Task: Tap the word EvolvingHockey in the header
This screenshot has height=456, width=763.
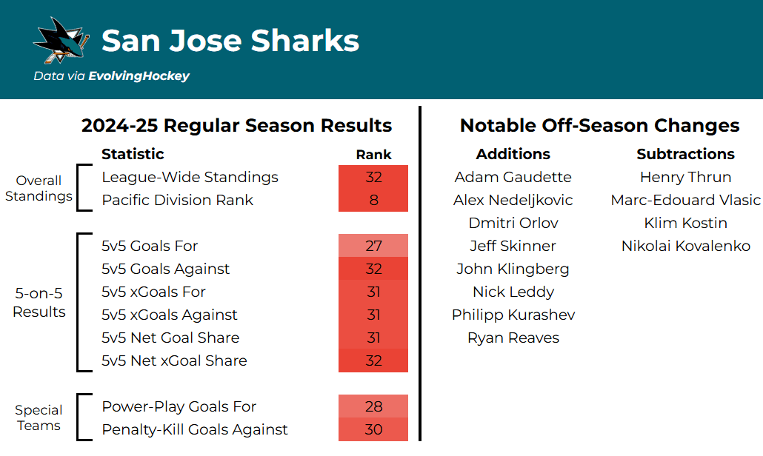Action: (x=139, y=76)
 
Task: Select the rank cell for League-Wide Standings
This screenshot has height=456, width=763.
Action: (x=373, y=178)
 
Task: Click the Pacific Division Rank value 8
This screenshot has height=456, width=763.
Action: (x=373, y=201)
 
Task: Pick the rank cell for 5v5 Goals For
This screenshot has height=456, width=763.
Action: (x=373, y=247)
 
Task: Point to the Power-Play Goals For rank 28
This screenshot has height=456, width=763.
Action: (x=373, y=407)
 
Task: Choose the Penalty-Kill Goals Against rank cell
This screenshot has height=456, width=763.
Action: (x=373, y=430)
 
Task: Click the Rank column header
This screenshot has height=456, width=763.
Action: (x=373, y=155)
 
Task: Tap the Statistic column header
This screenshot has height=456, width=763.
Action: (x=133, y=154)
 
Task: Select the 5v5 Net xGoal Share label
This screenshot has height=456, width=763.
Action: (x=174, y=361)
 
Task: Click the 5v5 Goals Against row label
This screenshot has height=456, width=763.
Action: (x=165, y=269)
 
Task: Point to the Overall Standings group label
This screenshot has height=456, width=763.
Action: (x=39, y=189)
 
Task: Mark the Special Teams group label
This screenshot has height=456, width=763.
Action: (x=39, y=418)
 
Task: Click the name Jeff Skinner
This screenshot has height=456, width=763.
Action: (x=513, y=247)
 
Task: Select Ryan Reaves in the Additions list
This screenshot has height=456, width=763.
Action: (x=513, y=338)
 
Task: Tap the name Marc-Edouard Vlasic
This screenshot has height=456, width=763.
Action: (x=685, y=201)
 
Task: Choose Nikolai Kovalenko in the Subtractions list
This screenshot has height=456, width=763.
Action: (x=685, y=247)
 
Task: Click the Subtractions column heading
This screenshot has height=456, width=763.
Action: (x=685, y=154)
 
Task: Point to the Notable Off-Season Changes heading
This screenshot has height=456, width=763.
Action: (x=599, y=126)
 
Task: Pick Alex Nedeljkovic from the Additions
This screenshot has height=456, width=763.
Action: (x=513, y=201)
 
